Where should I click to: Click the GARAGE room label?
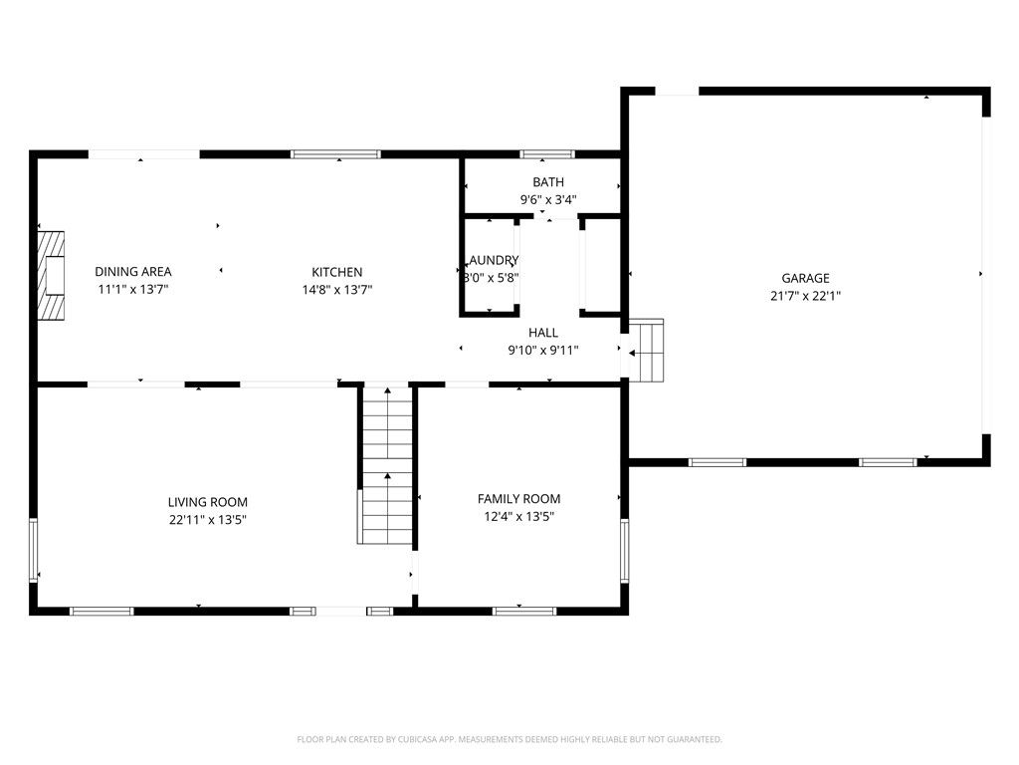point(805,279)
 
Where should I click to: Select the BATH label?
point(547,182)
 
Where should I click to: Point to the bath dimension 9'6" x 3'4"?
point(547,199)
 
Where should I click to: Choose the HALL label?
point(542,333)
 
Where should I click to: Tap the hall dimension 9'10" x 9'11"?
point(542,350)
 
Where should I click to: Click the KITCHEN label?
point(336,272)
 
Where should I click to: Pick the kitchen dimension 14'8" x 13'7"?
point(336,290)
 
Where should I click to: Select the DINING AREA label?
point(133,272)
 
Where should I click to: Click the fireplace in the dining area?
point(52,275)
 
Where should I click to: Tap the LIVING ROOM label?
point(207,502)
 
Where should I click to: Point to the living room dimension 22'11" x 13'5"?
point(207,519)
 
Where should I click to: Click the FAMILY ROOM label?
point(518,499)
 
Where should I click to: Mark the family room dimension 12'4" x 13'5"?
point(518,516)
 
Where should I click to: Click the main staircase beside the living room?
point(386,464)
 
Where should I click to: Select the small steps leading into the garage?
point(646,351)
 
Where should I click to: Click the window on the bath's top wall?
point(547,154)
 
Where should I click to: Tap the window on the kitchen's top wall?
point(335,154)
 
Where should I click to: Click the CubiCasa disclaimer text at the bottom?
point(509,739)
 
